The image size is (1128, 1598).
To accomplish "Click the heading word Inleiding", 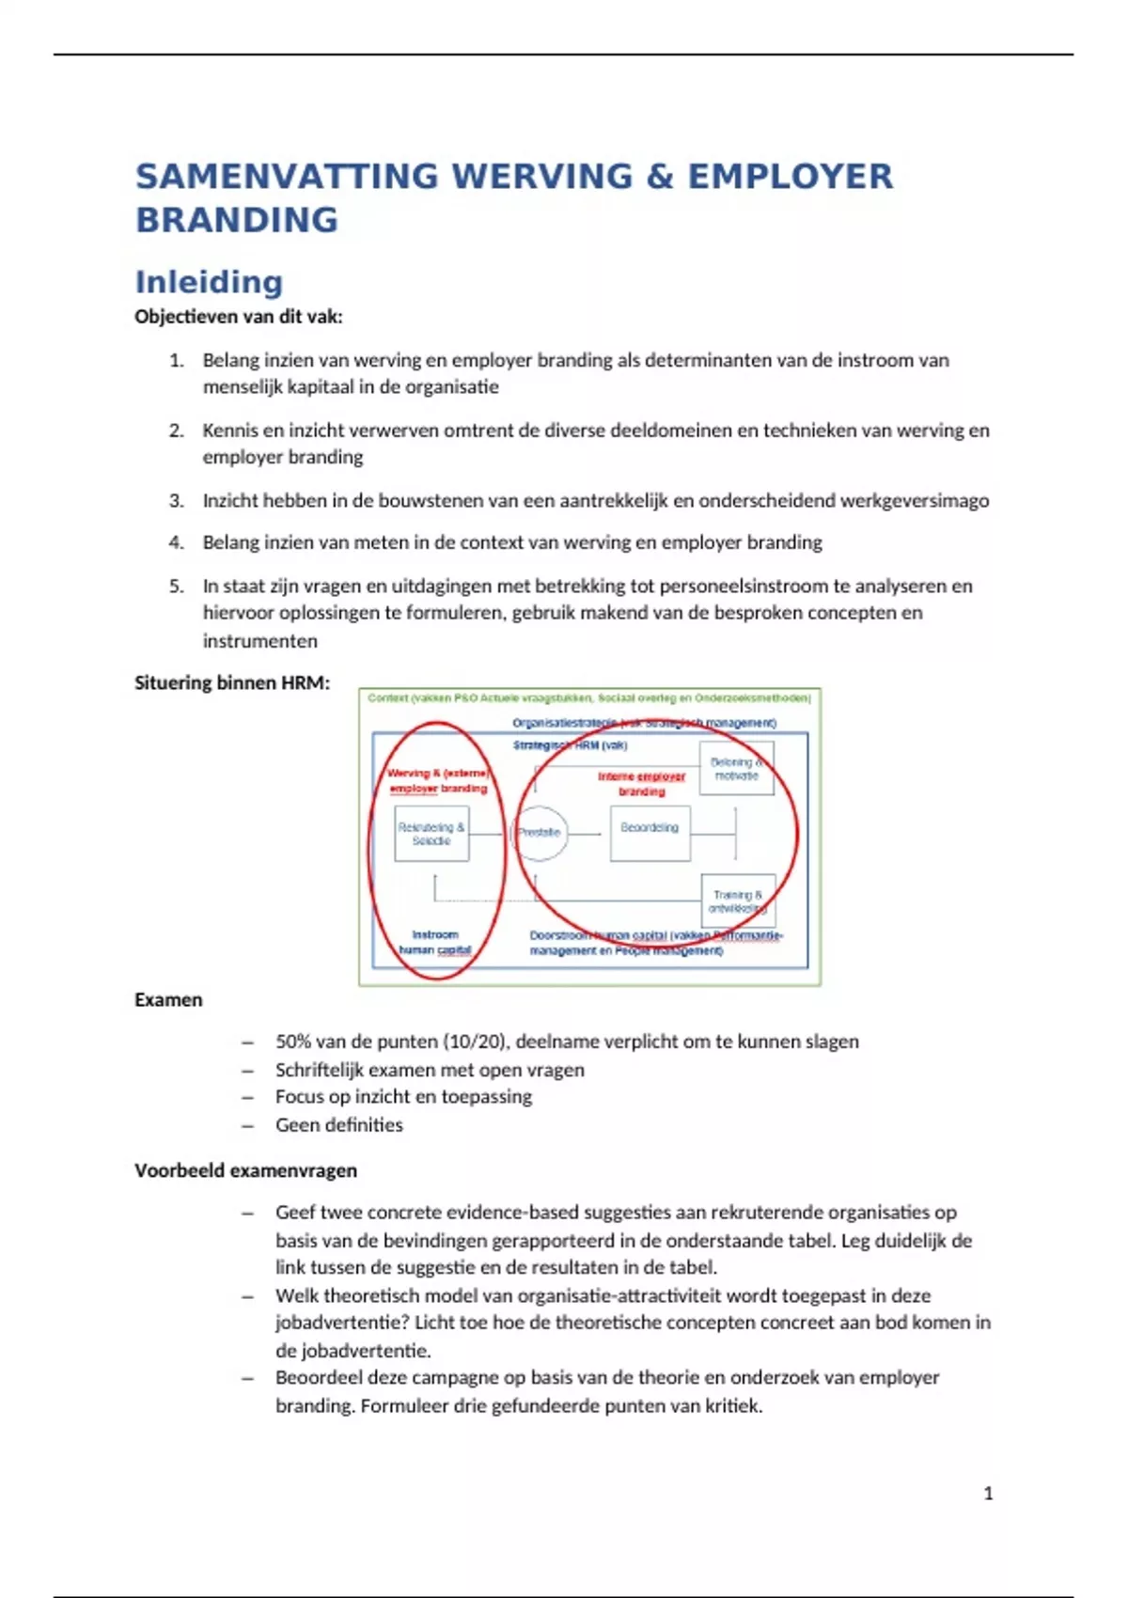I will [209, 282].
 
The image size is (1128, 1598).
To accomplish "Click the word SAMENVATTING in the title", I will [287, 177].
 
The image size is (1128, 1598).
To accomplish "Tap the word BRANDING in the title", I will [237, 220].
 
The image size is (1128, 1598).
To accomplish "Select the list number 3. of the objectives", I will [177, 501].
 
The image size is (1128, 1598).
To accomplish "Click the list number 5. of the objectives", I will [177, 587].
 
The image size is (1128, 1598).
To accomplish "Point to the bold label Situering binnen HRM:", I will [232, 683].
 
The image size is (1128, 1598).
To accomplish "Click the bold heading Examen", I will [168, 1000].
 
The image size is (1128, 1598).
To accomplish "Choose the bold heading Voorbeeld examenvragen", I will [245, 1171].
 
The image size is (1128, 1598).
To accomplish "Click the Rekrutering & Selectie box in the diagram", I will [431, 835].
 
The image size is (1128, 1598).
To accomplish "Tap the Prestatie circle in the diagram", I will [540, 833].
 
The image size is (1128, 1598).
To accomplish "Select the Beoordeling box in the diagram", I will [650, 833].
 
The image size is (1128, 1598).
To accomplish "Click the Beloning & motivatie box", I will [736, 769].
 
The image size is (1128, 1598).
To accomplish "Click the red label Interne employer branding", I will [642, 784].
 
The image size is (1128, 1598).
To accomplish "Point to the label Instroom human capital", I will [434, 943].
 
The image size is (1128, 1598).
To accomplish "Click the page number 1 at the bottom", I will [988, 1494].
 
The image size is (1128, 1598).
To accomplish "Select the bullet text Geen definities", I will [338, 1125].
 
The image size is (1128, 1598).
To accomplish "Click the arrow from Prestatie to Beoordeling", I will [585, 834].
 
